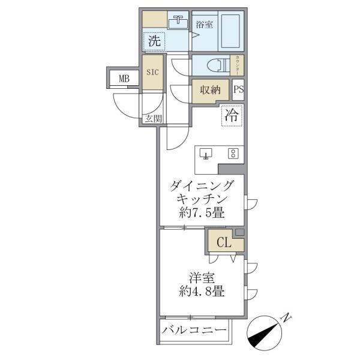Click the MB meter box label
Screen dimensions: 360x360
pos(124,78)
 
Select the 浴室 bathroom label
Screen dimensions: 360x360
pos(204,25)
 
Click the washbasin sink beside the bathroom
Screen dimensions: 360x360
pos(178,23)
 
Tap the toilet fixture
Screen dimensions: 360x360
pos(213,65)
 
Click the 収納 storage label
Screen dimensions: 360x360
pos(210,91)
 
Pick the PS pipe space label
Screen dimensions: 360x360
pos(238,91)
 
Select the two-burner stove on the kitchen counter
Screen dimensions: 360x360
pos(232,154)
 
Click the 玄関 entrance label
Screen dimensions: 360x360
pos(152,118)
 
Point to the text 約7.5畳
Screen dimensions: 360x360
pos(201,213)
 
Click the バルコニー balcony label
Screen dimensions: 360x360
pos(194,331)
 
